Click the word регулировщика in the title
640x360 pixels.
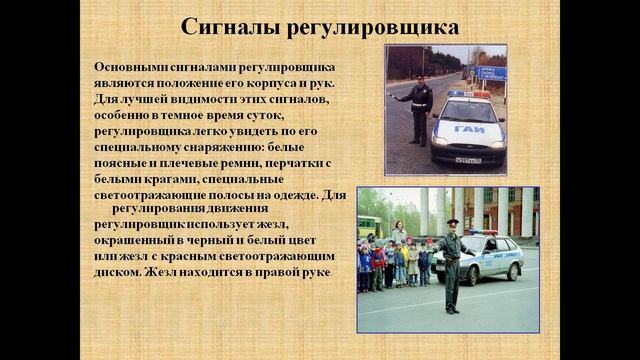coord(374,27)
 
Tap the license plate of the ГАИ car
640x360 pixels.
coord(467,160)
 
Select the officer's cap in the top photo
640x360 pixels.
coord(423,78)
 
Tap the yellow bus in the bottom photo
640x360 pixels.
coord(369,225)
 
